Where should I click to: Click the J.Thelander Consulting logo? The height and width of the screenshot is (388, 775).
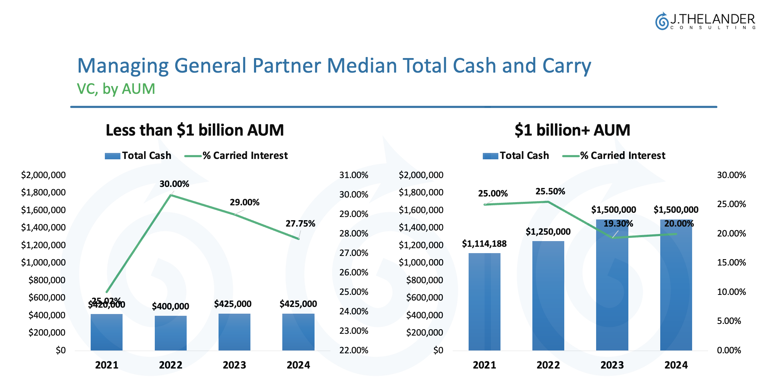tap(705, 21)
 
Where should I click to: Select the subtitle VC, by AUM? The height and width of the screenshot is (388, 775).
tap(116, 89)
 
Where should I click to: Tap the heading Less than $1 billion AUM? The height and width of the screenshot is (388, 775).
tap(194, 130)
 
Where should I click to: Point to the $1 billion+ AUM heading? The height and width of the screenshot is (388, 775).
tap(572, 130)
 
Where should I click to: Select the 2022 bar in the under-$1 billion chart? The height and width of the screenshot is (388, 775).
tap(170, 333)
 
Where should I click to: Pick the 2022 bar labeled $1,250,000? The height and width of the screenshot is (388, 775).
tap(548, 296)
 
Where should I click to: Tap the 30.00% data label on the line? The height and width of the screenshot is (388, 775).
tap(174, 184)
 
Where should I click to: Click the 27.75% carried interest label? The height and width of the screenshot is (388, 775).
tap(300, 224)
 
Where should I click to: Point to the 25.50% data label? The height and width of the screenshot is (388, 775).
tap(550, 192)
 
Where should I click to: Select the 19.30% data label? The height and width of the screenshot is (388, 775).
tap(618, 224)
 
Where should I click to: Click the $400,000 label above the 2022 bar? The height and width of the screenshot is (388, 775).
tap(170, 306)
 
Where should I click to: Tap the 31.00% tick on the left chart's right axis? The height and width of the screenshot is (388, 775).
tap(353, 175)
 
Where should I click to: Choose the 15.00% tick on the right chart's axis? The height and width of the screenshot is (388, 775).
tap(731, 263)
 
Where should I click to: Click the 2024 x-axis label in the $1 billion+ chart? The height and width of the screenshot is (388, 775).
tap(676, 365)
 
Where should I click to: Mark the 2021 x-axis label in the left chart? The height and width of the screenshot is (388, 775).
tap(107, 365)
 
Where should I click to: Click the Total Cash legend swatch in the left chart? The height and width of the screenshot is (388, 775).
tap(113, 156)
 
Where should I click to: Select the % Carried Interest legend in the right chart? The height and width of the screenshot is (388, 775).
tap(614, 156)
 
